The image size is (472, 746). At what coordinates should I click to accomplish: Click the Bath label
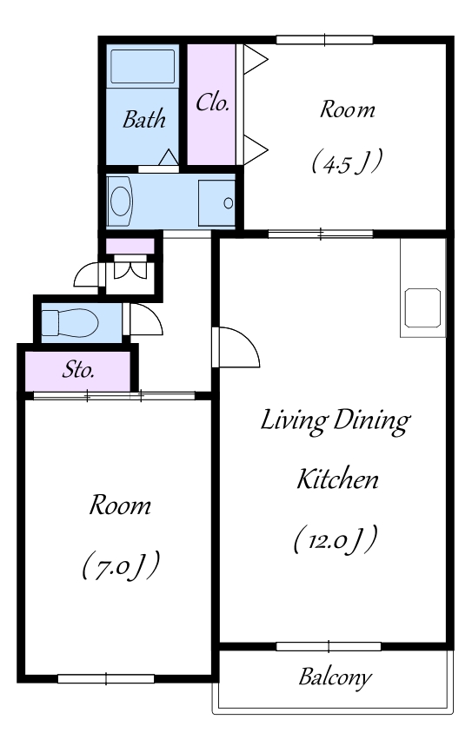click(143, 119)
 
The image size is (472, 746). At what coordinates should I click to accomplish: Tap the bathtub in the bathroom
click(143, 66)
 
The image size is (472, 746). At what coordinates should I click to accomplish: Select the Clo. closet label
click(213, 102)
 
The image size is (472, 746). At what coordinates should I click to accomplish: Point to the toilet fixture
click(70, 322)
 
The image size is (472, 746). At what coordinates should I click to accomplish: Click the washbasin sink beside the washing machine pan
click(120, 201)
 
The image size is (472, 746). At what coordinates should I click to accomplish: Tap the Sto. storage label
click(78, 370)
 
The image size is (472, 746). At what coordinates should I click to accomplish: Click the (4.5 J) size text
click(347, 162)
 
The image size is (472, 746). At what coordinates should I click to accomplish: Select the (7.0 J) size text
click(121, 566)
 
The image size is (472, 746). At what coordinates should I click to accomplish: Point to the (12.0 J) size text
click(336, 540)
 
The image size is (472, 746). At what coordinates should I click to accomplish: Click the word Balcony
click(335, 677)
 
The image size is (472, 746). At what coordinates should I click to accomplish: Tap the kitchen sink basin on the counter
click(422, 307)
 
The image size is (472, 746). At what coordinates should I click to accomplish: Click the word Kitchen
click(337, 479)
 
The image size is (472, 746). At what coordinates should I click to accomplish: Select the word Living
click(295, 421)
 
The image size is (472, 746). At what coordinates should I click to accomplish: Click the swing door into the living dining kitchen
click(236, 347)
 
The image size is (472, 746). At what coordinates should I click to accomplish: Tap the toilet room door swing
click(143, 319)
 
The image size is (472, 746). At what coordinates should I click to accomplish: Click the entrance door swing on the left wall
click(87, 275)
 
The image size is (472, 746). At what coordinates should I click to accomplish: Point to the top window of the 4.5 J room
click(325, 40)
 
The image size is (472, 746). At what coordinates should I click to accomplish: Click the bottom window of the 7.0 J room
click(106, 679)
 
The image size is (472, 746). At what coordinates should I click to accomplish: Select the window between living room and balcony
click(329, 646)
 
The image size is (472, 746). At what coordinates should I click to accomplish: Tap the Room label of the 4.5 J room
click(347, 109)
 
